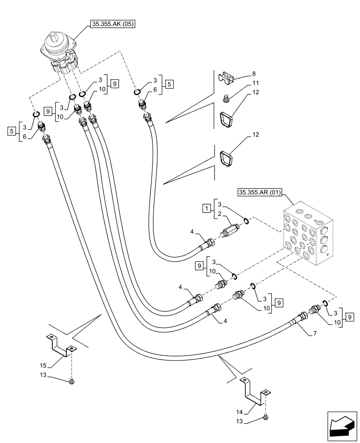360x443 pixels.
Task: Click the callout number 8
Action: point(254,73)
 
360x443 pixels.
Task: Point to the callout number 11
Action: point(256,83)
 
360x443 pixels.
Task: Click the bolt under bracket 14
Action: point(266,416)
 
